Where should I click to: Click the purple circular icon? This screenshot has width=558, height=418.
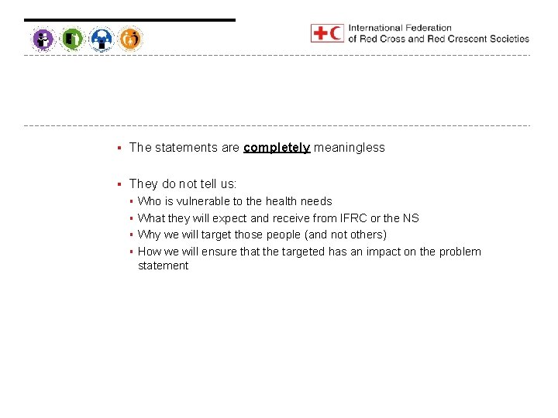[x=43, y=38]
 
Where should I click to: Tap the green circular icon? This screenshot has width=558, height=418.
[x=72, y=38]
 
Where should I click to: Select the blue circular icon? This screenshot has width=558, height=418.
[x=102, y=38]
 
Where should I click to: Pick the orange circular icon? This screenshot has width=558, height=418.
[x=131, y=38]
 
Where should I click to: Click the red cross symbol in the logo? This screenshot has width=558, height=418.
[x=319, y=33]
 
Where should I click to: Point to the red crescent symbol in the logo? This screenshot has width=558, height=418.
[x=336, y=33]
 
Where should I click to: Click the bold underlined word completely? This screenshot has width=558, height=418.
[x=277, y=148]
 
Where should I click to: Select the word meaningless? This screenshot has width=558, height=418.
[x=349, y=148]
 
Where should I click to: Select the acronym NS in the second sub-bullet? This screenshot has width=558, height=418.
[x=411, y=218]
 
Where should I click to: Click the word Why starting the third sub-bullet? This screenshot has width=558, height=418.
[x=149, y=235]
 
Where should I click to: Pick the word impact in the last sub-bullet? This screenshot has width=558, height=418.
[x=367, y=252]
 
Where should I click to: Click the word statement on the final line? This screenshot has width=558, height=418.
[x=163, y=266]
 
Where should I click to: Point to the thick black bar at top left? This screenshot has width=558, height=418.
[x=129, y=20]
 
